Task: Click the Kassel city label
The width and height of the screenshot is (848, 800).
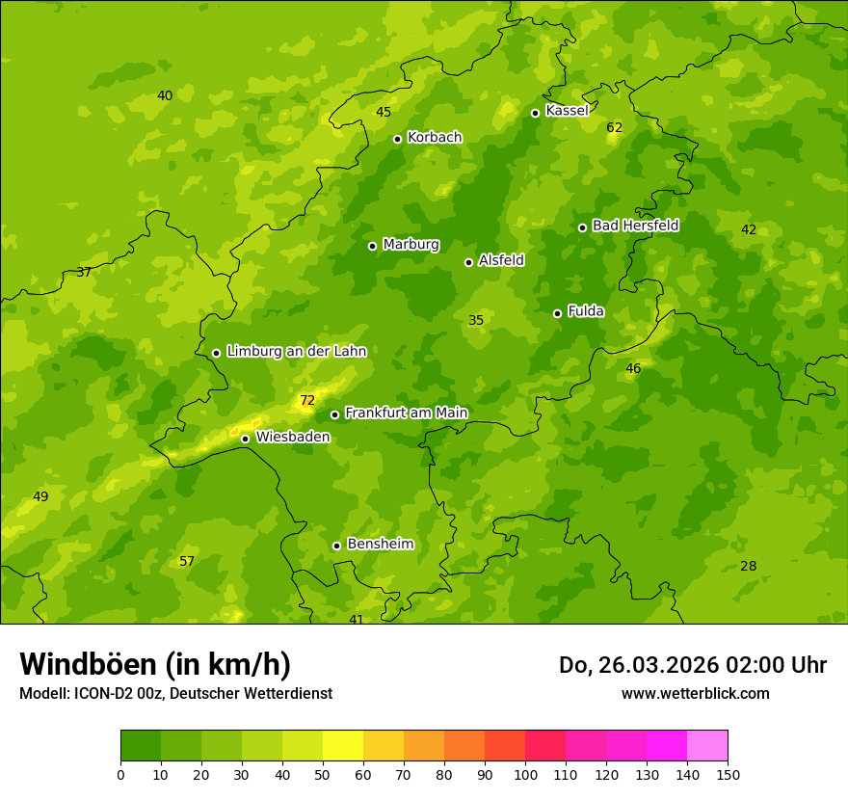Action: pos(567,111)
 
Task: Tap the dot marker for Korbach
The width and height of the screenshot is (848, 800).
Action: pos(397,139)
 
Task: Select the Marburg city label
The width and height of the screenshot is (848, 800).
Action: pos(411,245)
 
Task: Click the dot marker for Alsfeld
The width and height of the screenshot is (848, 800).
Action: pos(468,262)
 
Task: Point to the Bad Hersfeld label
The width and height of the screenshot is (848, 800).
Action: pos(635,226)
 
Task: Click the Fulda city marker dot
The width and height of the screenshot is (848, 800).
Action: pos(557,313)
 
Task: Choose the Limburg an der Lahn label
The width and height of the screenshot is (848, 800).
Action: pos(296,352)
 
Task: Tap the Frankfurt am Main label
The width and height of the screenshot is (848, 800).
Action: pos(406,413)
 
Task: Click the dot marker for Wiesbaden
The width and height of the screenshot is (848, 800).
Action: pos(245,439)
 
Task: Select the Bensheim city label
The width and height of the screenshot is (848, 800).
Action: pos(380,544)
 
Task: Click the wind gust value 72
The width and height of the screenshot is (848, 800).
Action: pos(307,400)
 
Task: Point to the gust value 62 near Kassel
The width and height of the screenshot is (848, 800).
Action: pos(615,127)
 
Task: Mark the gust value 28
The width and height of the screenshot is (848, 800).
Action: pos(748,566)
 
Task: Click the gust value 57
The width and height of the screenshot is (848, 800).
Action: pos(187,561)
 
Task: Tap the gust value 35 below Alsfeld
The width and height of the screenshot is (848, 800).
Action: pos(476,320)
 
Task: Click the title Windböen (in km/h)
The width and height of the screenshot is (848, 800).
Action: pos(155,664)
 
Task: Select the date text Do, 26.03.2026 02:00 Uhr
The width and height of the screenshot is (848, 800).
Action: pos(693,665)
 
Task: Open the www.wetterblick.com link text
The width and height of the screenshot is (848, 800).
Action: pos(695,693)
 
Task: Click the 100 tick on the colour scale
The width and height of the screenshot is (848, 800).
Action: pos(525,774)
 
